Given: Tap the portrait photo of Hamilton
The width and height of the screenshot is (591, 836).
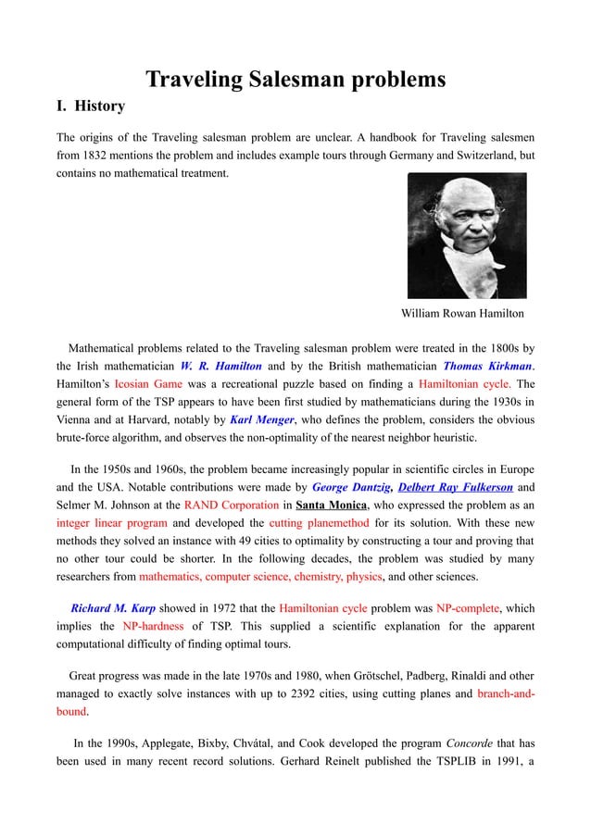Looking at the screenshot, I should (467, 236).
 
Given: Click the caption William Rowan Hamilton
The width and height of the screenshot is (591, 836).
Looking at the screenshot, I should (462, 314).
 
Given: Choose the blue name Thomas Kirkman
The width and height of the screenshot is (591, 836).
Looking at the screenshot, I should (492, 366).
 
